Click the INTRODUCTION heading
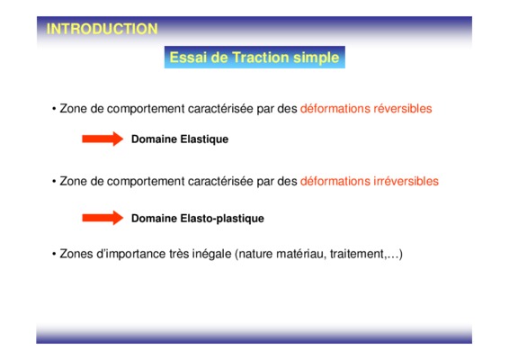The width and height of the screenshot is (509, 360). click(x=102, y=29)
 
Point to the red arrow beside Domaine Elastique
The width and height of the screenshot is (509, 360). click(x=103, y=139)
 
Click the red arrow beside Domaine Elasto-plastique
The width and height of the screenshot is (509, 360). click(x=103, y=218)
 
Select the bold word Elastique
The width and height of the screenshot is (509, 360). click(x=204, y=139)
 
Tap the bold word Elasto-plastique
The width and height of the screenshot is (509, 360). click(x=222, y=219)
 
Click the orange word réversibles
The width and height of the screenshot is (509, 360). click(x=403, y=109)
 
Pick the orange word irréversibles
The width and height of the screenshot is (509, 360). click(x=406, y=181)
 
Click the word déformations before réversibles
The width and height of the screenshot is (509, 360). click(x=335, y=109)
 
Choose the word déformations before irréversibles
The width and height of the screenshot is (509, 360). click(x=335, y=181)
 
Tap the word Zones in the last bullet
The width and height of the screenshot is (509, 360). click(x=76, y=254)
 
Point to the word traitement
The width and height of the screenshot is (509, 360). click(x=357, y=254)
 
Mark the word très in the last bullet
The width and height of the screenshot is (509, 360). click(x=179, y=254)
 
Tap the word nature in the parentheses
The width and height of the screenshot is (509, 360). click(x=256, y=254)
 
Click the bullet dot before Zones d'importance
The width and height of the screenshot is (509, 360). click(x=54, y=254)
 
